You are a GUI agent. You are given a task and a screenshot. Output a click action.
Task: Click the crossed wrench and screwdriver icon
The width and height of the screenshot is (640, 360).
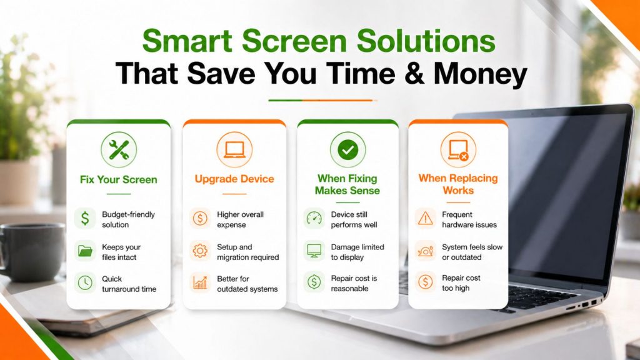click(x=119, y=150)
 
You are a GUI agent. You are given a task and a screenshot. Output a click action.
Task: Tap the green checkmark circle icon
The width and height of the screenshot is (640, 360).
click(x=347, y=150)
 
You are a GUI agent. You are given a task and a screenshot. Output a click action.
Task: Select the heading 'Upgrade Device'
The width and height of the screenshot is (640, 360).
click(x=234, y=179)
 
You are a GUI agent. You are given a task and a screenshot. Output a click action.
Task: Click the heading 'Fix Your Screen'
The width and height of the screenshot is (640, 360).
click(x=118, y=179)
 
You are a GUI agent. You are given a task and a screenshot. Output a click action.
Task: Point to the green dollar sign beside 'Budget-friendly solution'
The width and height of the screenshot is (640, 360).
click(x=85, y=218)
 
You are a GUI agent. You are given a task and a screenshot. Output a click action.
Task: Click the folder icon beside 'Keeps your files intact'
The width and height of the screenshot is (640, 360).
click(x=85, y=251)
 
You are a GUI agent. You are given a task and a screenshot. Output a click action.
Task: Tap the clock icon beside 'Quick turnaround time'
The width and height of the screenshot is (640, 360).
click(x=85, y=282)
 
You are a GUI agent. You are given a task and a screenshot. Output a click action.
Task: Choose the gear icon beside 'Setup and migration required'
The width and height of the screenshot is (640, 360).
click(x=200, y=251)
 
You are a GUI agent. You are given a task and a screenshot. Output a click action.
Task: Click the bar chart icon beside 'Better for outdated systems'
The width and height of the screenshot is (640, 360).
click(x=200, y=282)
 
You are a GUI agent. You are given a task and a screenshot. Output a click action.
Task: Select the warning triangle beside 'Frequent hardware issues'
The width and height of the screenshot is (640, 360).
click(x=425, y=218)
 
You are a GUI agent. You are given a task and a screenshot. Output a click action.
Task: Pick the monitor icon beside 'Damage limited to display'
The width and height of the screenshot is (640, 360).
click(x=314, y=251)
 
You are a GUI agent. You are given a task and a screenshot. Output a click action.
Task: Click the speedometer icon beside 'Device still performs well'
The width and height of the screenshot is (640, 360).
click(x=314, y=218)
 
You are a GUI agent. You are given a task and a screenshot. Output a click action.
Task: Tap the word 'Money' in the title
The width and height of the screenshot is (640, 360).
click(x=481, y=74)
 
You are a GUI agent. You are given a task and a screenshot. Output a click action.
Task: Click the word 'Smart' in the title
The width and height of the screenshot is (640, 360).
click(x=187, y=41)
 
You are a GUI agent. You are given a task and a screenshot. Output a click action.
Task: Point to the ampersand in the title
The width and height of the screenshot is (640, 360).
click(x=414, y=74)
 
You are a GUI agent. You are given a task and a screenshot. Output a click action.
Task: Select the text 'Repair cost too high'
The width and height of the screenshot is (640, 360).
click(x=461, y=283)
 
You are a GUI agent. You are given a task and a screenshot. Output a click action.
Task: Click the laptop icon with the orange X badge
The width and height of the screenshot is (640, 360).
click(x=458, y=150)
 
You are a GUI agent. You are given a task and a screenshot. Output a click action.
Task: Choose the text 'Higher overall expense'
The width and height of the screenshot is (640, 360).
click(x=240, y=219)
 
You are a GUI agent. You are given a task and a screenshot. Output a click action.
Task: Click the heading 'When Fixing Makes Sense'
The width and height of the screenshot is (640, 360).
click(x=347, y=184)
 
